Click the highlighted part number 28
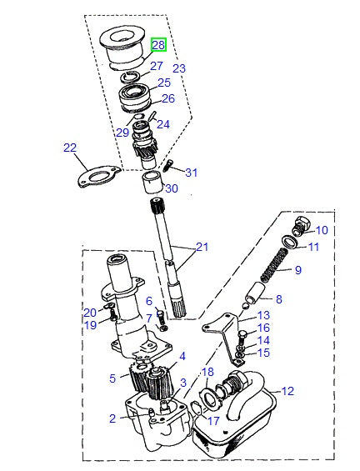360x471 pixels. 158,45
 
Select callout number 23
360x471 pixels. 178,68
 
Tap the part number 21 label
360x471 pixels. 202,247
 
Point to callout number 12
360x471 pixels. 288,390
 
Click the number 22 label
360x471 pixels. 70,148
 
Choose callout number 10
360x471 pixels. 322,230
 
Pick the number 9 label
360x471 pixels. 297,270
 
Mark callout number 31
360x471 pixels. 192,173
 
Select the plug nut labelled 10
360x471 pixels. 303,224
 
